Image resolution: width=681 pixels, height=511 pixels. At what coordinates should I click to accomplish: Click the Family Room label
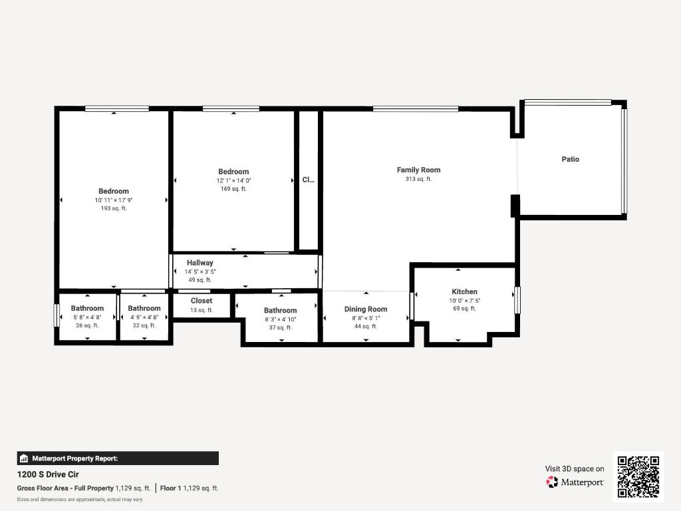click(418, 170)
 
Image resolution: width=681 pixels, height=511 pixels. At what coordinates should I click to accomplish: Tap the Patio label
click(570, 159)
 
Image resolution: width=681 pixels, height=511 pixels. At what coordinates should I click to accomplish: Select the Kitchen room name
click(464, 291)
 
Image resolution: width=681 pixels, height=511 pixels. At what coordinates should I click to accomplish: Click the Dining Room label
click(365, 309)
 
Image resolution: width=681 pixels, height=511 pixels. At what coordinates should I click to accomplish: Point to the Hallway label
click(200, 263)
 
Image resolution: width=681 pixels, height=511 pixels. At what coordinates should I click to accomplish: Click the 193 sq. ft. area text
click(113, 208)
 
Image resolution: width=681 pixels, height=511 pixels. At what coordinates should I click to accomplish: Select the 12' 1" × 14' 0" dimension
click(233, 180)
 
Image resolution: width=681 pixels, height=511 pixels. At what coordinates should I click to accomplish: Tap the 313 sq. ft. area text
click(418, 179)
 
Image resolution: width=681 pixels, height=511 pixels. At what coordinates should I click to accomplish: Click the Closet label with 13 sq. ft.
click(202, 301)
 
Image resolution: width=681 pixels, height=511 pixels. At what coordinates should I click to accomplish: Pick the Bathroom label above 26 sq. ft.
click(87, 308)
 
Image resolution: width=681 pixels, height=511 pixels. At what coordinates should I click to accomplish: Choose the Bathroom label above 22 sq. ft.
click(144, 308)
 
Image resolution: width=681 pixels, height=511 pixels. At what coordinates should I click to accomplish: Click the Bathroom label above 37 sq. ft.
click(280, 310)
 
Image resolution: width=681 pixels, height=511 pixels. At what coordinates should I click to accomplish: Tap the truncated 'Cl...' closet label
click(308, 180)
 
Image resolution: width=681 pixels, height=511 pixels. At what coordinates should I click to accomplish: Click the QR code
click(638, 476)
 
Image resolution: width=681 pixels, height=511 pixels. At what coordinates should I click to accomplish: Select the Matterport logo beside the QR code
click(575, 482)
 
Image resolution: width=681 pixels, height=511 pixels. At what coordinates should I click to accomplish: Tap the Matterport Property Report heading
click(74, 458)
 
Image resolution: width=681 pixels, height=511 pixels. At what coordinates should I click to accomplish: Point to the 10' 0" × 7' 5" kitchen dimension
click(464, 301)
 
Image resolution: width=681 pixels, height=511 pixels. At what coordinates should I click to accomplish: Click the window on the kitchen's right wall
click(517, 300)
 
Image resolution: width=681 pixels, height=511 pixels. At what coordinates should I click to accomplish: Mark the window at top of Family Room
click(415, 109)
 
